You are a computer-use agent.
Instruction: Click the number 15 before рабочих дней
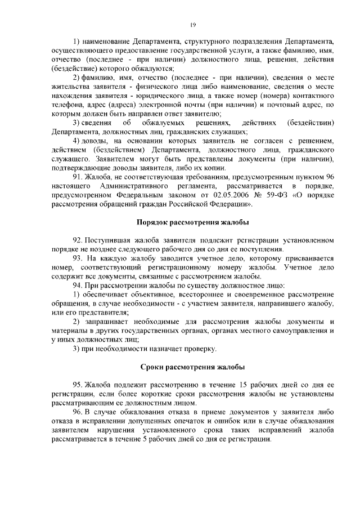(242, 385)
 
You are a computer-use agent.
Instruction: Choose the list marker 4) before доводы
(78, 140)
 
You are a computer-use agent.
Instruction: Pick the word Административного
(135, 186)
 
